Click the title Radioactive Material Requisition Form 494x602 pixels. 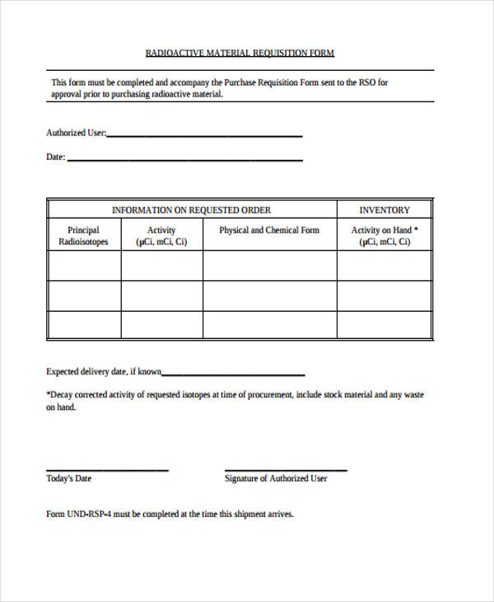pos(240,54)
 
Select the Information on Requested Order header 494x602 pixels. pos(191,210)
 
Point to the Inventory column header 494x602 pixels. pos(384,210)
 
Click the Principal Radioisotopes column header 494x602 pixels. pos(83,236)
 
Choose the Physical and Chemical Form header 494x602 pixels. pos(269,230)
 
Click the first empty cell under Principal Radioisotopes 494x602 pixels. pos(84,266)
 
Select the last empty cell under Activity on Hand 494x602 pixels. pos(384,323)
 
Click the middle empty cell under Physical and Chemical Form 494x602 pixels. pos(269,295)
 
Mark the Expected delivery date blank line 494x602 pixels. pos(234,374)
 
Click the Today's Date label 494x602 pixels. pos(69,478)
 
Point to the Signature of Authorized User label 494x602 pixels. pos(276,478)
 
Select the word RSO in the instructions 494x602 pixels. pos(369,82)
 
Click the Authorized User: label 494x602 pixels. pos(76,133)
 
